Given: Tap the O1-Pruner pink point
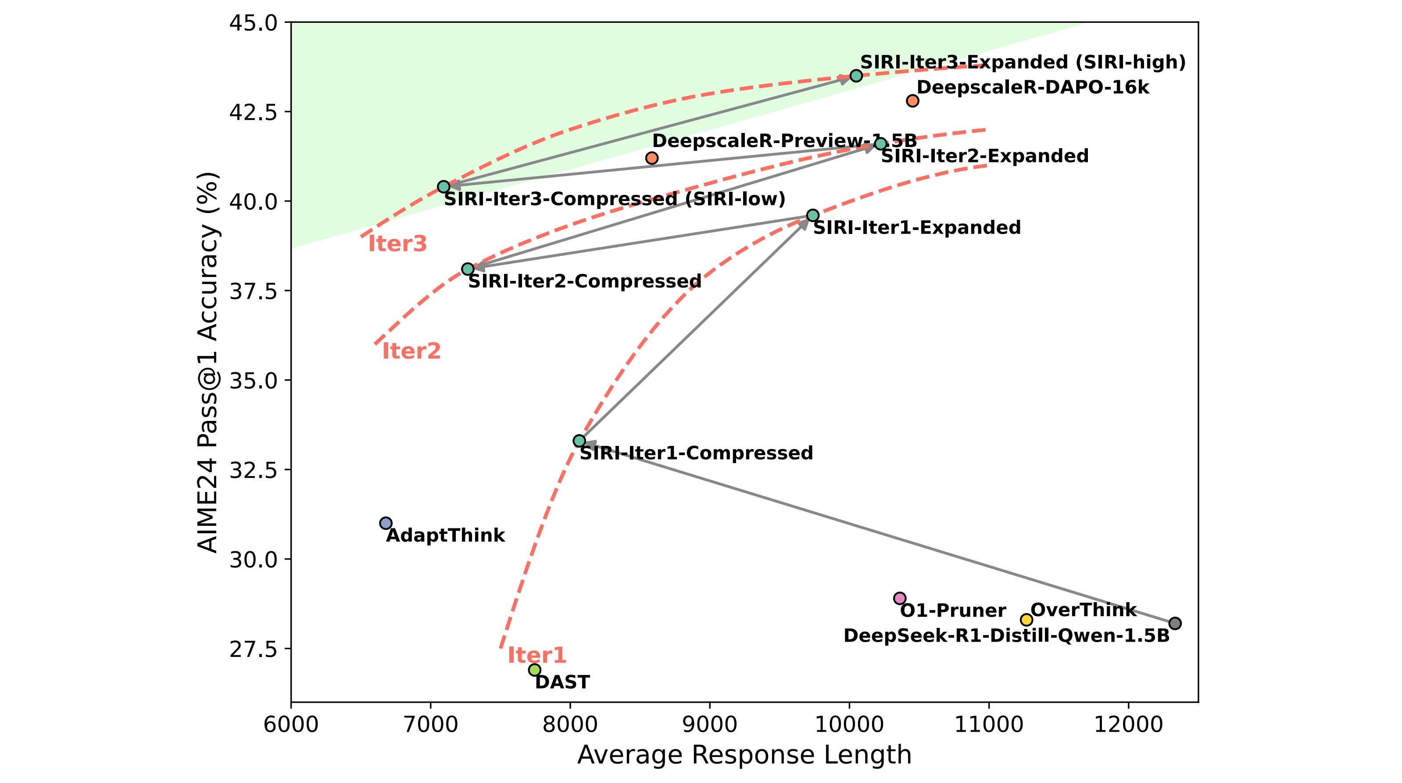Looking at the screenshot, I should pyautogui.click(x=900, y=598).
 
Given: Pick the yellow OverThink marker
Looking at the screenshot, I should pyautogui.click(x=1026, y=620).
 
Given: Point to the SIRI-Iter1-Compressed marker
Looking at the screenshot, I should pyautogui.click(x=579, y=441).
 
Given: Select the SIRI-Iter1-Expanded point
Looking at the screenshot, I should pyautogui.click(x=812, y=215).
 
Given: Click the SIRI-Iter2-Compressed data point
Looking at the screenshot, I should pyautogui.click(x=468, y=269).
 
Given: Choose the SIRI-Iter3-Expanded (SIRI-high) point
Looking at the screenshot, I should pyautogui.click(x=856, y=75).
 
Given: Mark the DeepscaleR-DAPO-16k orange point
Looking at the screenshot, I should pyautogui.click(x=913, y=101).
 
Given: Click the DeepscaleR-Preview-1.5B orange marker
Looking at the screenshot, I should pyautogui.click(x=651, y=158).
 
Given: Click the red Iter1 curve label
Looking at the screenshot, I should pyautogui.click(x=536, y=655).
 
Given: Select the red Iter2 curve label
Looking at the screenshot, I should pyautogui.click(x=411, y=351).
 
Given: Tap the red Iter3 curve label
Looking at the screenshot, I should pyautogui.click(x=397, y=244).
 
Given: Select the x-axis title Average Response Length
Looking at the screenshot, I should pyautogui.click(x=744, y=755).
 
